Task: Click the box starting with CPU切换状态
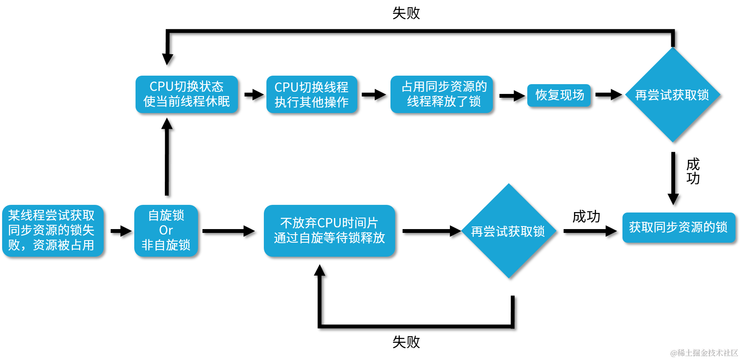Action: click(x=187, y=94)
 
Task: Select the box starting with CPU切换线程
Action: click(x=311, y=94)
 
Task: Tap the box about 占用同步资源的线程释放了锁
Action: click(x=441, y=94)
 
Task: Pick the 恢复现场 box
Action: click(x=559, y=95)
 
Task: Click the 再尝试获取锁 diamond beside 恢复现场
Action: click(x=672, y=95)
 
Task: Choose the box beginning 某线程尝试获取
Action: click(x=53, y=230)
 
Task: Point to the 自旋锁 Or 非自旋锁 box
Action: click(x=166, y=230)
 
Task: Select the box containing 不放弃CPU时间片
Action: click(x=329, y=230)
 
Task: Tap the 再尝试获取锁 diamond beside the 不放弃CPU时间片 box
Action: click(x=509, y=231)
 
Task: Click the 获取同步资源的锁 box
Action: click(x=679, y=227)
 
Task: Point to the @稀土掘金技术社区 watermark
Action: click(x=703, y=352)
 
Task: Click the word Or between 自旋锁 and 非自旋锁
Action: click(x=166, y=230)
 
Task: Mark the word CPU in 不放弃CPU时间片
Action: click(x=329, y=223)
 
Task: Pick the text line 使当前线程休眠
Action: click(x=187, y=102)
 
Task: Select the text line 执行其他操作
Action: click(x=311, y=102)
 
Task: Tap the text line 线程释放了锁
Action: click(x=444, y=102)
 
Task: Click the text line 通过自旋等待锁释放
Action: click(x=329, y=238)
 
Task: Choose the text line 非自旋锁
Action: click(x=166, y=245)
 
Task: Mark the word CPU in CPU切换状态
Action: click(x=161, y=87)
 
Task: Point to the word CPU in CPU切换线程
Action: click(x=286, y=87)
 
